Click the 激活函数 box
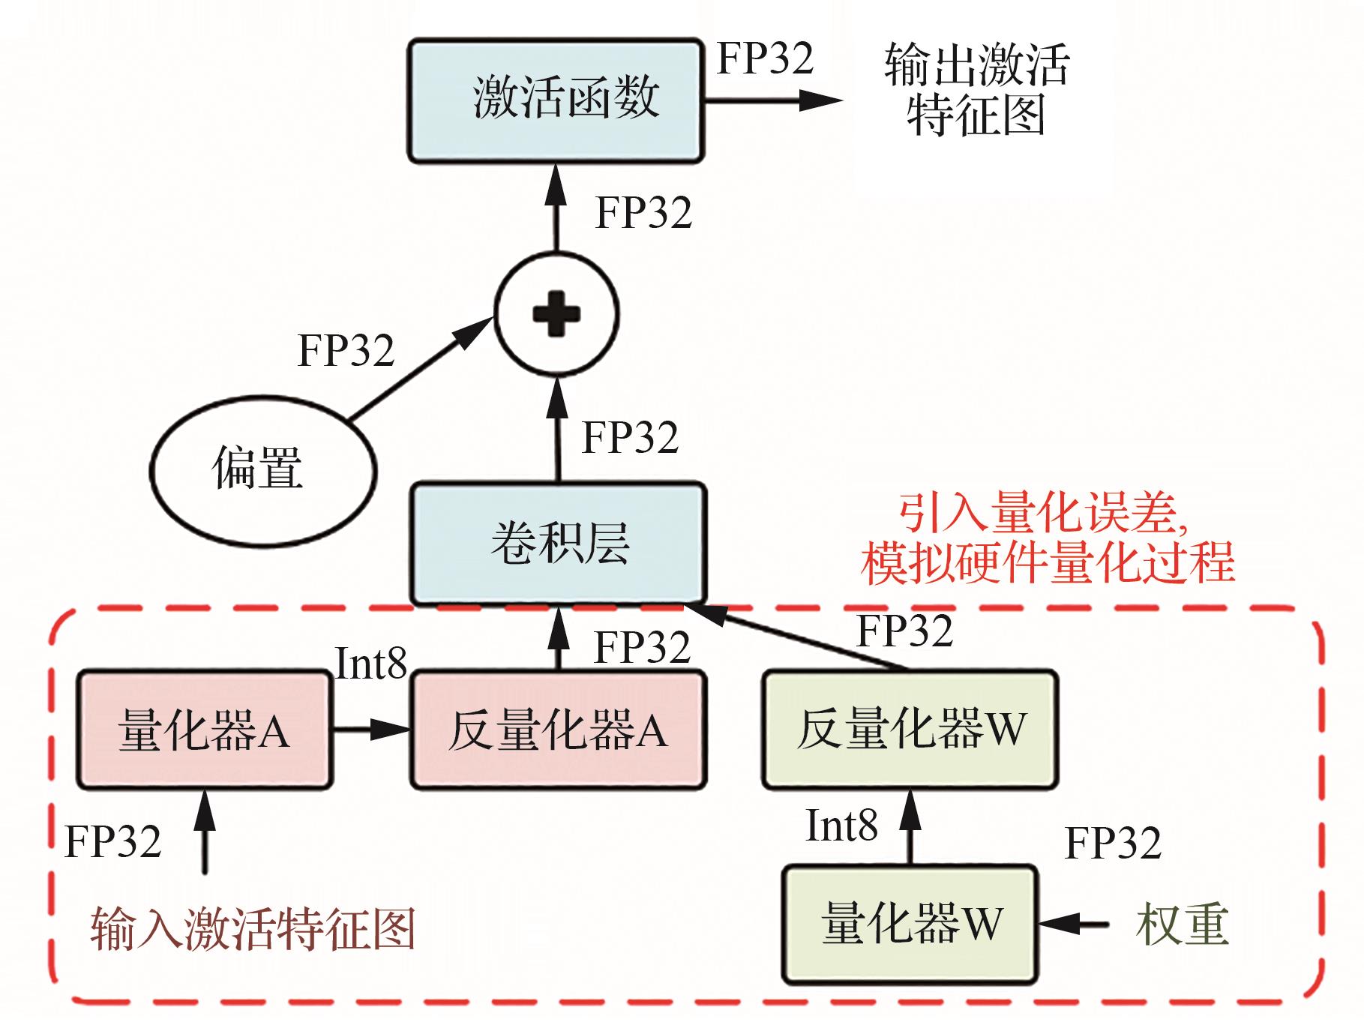(556, 100)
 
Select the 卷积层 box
(559, 543)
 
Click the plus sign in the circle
(556, 314)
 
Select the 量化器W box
(910, 924)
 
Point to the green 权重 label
(1182, 924)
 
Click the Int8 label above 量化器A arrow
(370, 664)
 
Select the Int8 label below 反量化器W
(841, 826)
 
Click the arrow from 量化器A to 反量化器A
(371, 729)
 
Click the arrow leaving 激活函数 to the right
(772, 100)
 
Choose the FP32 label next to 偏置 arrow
(346, 350)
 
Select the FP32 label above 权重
(1113, 843)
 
